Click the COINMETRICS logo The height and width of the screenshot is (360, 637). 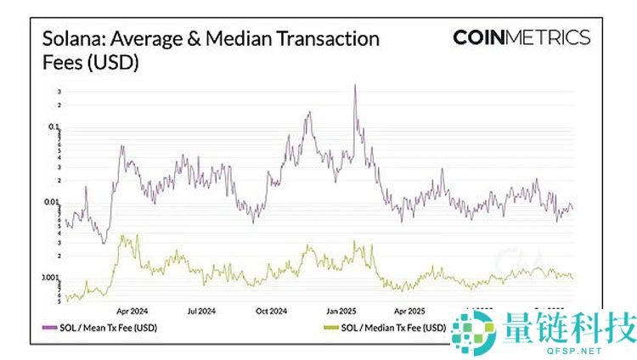pos(521,37)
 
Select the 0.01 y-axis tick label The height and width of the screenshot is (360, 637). pos(53,202)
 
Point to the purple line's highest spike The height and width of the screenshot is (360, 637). pos(354,85)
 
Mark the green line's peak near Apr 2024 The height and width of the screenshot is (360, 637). pos(127,236)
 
